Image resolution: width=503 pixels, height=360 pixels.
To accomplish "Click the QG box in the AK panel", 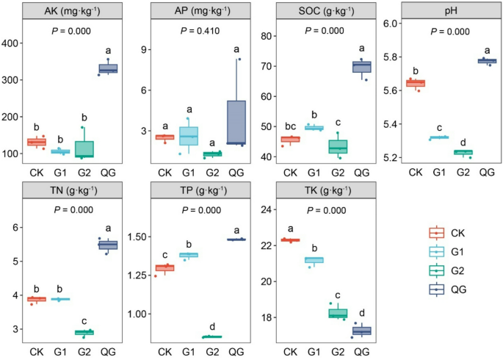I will (108, 69).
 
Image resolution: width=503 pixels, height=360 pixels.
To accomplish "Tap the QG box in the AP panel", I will (236, 122).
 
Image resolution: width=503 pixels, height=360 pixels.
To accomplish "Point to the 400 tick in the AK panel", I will (14, 43).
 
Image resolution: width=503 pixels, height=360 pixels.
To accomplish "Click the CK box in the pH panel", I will (415, 83).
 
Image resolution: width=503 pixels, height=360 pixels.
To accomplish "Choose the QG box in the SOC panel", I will (361, 67).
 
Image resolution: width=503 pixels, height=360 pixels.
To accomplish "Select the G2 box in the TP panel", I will (212, 336).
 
